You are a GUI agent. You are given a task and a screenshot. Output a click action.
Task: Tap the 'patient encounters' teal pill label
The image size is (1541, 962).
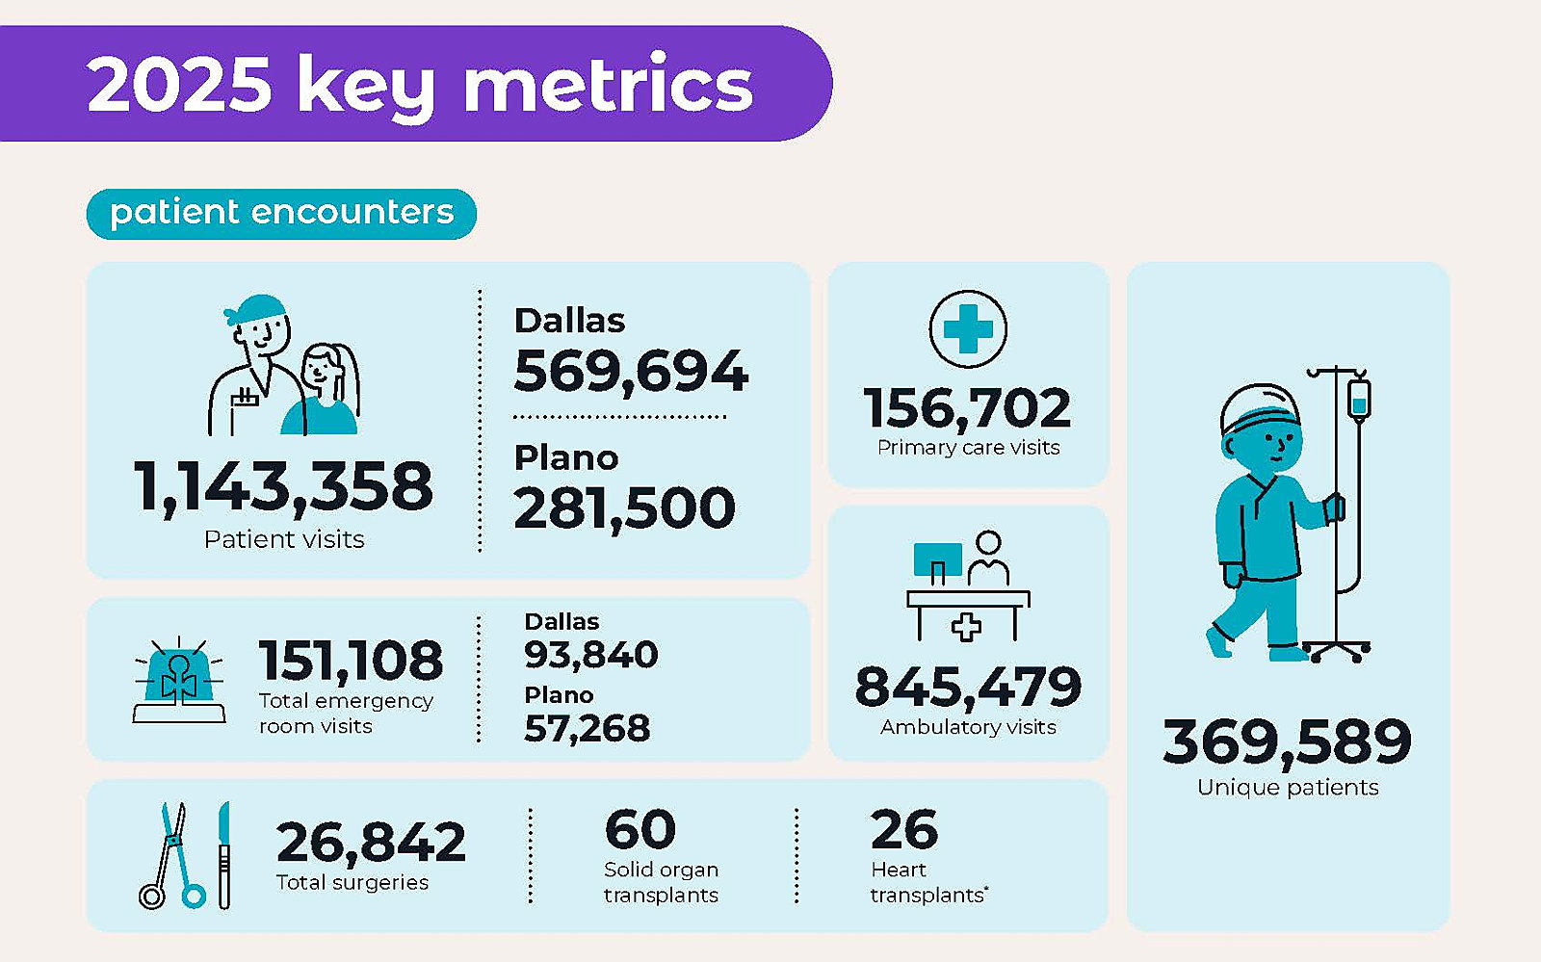(x=281, y=214)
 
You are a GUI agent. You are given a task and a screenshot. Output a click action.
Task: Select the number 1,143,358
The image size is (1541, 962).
(x=283, y=487)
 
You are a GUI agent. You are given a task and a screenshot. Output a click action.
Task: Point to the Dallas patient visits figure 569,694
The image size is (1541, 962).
(x=631, y=372)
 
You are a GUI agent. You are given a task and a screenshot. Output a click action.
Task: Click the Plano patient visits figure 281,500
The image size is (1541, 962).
(x=625, y=508)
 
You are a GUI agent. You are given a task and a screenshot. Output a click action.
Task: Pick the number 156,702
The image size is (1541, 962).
(x=967, y=408)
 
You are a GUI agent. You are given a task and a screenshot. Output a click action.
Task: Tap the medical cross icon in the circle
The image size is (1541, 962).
(x=968, y=328)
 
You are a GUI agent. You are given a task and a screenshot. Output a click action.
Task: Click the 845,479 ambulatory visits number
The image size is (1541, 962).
(x=968, y=687)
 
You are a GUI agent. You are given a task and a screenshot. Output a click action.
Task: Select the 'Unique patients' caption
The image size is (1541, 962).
(x=1288, y=788)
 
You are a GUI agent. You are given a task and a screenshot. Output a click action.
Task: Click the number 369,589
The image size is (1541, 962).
(x=1287, y=741)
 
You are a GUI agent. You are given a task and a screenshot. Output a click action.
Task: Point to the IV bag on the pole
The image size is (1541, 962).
(x=1359, y=398)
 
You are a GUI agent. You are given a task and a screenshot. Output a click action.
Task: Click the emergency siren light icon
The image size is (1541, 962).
(x=179, y=681)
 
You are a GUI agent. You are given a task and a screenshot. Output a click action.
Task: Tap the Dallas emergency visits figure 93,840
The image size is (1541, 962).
(x=591, y=654)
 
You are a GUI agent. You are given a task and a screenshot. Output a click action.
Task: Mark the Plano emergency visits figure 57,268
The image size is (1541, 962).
(x=587, y=728)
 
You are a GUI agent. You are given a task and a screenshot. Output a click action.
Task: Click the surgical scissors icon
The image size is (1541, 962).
(x=172, y=855)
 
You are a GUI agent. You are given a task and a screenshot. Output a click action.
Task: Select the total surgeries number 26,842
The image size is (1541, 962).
(x=371, y=843)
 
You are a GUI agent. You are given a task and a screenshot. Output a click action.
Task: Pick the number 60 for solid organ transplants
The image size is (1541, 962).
(x=640, y=829)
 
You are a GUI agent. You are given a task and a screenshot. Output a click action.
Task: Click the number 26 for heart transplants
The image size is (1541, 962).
(x=904, y=829)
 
